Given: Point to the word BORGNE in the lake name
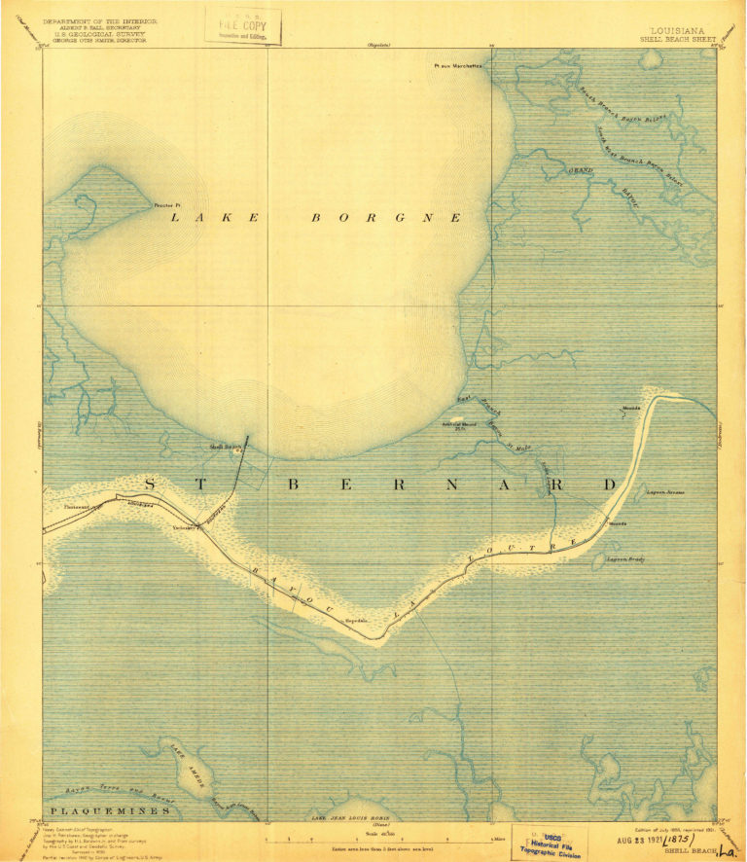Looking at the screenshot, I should click(x=385, y=219).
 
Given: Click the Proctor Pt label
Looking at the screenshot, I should click(x=167, y=206).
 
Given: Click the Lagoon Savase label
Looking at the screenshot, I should click(x=666, y=492).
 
